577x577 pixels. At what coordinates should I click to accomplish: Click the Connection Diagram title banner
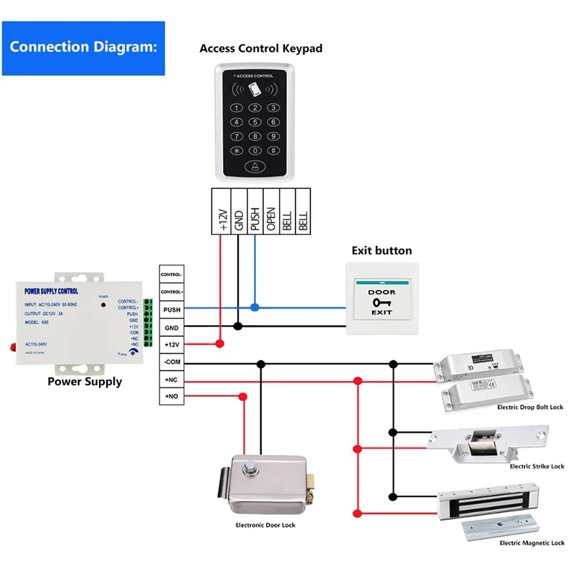[x=83, y=48]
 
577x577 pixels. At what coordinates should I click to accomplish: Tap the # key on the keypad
[x=273, y=150]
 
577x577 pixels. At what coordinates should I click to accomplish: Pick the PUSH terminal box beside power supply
[x=172, y=309]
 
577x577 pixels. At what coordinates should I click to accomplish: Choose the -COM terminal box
[x=172, y=362]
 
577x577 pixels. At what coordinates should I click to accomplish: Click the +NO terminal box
[x=172, y=396]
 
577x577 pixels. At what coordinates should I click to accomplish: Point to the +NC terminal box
[x=172, y=379]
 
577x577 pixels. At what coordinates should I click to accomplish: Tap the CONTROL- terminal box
[x=172, y=275]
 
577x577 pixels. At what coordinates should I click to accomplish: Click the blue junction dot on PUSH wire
[x=254, y=307]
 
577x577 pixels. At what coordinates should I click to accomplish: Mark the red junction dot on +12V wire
[x=220, y=344]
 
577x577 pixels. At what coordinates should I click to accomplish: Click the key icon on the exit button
[x=382, y=303]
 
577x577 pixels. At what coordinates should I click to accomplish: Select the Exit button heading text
[x=382, y=251]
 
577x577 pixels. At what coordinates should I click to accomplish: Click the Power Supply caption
[x=84, y=382]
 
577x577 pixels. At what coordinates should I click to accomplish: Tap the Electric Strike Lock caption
[x=536, y=467]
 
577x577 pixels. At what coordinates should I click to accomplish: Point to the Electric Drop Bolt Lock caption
[x=530, y=408]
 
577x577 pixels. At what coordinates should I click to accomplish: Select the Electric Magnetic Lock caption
[x=532, y=542]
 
